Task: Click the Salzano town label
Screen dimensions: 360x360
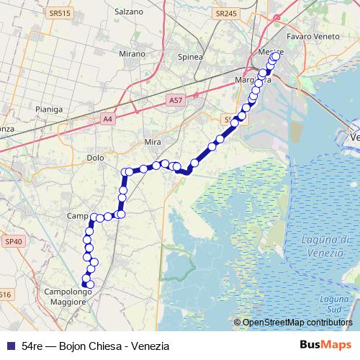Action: [x=130, y=14]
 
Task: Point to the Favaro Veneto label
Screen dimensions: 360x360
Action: [x=312, y=35]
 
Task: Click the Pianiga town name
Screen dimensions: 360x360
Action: [x=49, y=109]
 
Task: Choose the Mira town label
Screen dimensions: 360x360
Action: [x=153, y=143]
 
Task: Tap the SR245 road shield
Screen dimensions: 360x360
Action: [x=225, y=13]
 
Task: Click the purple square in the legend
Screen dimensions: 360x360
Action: [x=10, y=346]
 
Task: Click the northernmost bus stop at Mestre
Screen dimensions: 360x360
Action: [x=275, y=56]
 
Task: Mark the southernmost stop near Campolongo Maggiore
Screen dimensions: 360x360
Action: [x=90, y=284]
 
